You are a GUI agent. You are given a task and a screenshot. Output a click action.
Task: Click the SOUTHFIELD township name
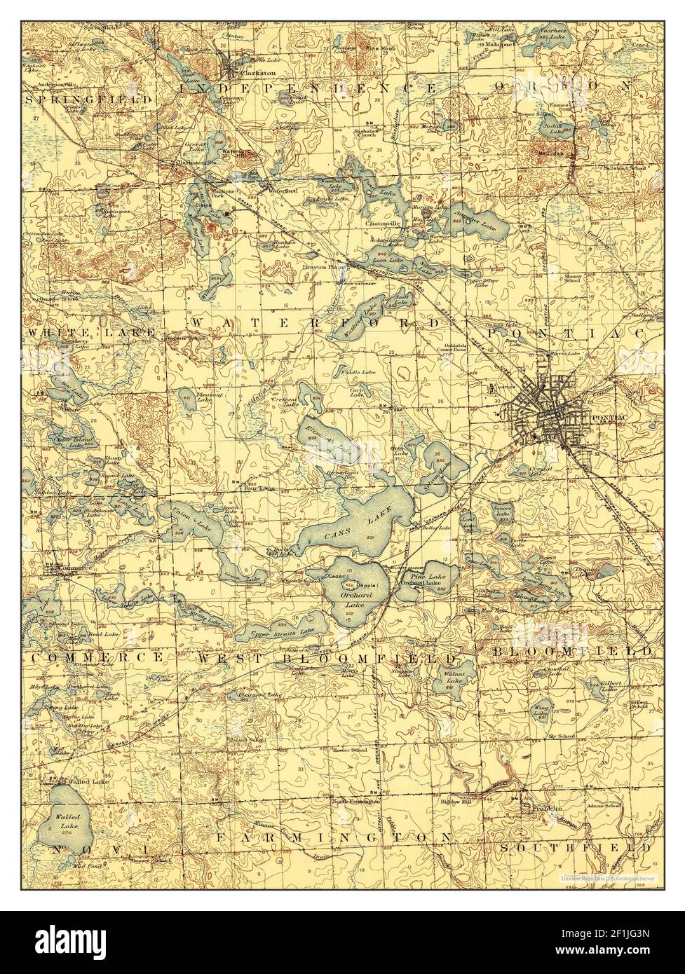(576, 847)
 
